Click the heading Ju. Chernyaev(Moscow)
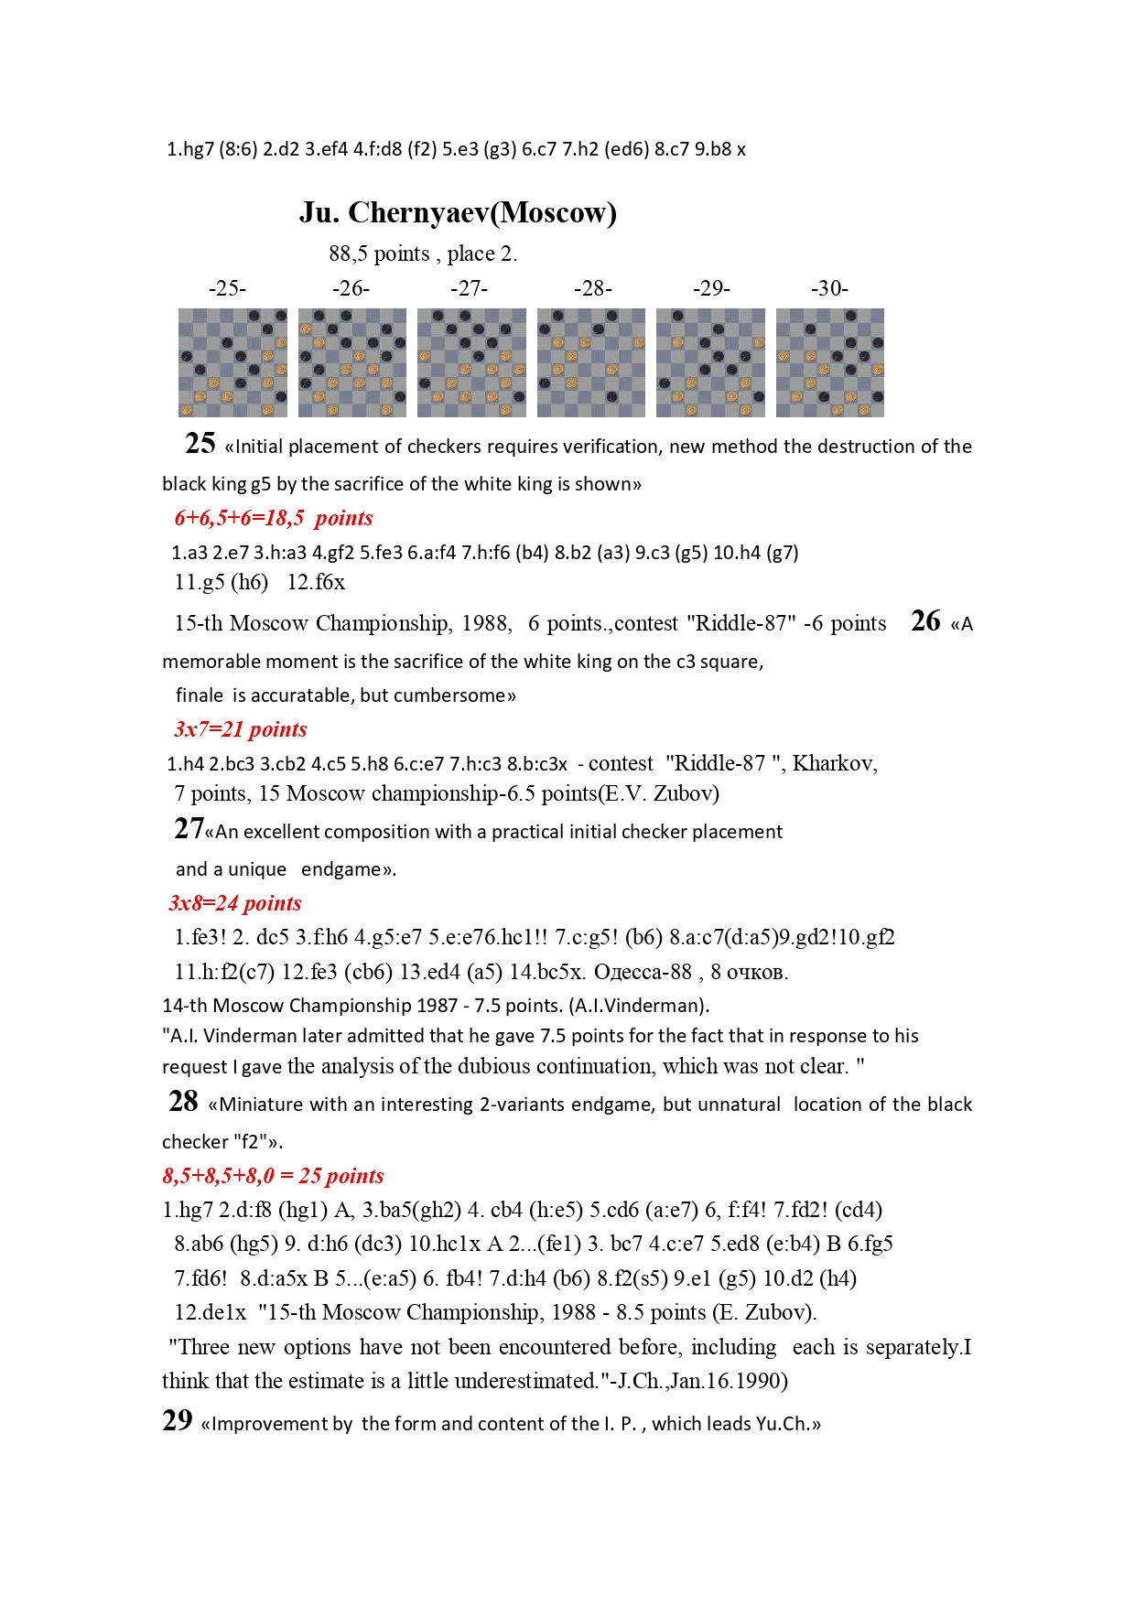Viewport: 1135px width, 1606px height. pyautogui.click(x=458, y=212)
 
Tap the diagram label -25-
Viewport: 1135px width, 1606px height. pyautogui.click(x=227, y=288)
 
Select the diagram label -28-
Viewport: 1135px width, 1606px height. pyautogui.click(x=592, y=288)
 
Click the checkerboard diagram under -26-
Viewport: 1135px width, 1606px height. pyautogui.click(x=352, y=362)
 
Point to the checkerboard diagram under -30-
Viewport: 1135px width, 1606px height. pyautogui.click(x=829, y=362)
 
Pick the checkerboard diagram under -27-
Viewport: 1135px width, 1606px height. pyautogui.click(x=471, y=362)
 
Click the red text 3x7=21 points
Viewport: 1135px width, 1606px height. pyautogui.click(x=241, y=729)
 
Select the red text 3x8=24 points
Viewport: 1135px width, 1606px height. pyautogui.click(x=235, y=903)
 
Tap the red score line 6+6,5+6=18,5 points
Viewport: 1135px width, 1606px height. pyautogui.click(x=274, y=518)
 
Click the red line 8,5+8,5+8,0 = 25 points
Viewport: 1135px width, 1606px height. pyautogui.click(x=273, y=1176)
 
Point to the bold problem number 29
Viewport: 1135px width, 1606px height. pyautogui.click(x=178, y=1420)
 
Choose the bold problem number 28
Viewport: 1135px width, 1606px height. pyautogui.click(x=183, y=1101)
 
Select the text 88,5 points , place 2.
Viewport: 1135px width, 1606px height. pyautogui.click(x=423, y=253)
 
